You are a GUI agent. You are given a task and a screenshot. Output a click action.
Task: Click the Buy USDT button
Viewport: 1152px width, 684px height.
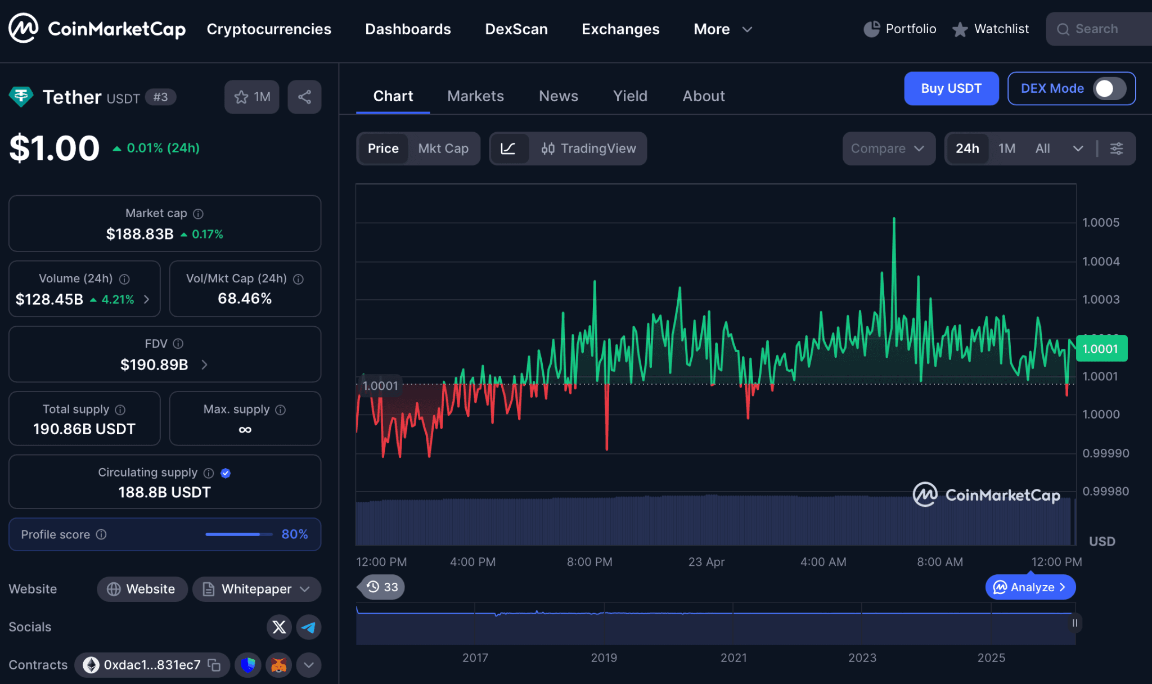coord(951,88)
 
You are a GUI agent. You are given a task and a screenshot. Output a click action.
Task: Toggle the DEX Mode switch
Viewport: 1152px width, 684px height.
coord(1109,88)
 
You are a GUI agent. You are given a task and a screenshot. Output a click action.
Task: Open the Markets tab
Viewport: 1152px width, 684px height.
coord(475,96)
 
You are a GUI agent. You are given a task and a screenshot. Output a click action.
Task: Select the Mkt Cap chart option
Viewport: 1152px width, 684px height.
coord(443,148)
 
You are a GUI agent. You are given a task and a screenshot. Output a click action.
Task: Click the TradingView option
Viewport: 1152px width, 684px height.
coord(588,148)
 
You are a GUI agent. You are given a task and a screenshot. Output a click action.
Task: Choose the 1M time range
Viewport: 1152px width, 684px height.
coord(1006,148)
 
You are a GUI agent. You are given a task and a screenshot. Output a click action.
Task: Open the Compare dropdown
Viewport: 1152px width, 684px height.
coord(888,148)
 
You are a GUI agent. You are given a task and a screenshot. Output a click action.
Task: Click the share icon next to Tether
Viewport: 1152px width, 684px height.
coord(304,97)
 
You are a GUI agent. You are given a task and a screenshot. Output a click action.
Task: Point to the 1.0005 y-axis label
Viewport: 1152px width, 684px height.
coord(1100,223)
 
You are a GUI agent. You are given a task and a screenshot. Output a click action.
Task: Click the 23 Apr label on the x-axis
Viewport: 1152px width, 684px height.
coord(706,561)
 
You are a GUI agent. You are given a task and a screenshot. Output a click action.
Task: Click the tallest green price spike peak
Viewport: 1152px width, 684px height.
coord(894,219)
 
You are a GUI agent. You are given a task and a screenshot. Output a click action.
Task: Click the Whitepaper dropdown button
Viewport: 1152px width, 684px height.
coord(256,589)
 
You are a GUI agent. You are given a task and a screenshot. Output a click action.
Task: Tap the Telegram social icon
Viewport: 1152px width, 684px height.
coord(309,627)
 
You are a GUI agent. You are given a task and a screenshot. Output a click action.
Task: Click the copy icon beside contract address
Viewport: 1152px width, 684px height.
coord(214,665)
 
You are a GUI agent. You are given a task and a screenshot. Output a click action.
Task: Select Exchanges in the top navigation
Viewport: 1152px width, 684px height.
coord(620,29)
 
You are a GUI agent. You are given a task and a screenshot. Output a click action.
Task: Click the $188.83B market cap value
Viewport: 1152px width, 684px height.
coord(139,234)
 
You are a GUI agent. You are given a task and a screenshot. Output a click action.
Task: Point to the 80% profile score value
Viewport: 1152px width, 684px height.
coord(294,534)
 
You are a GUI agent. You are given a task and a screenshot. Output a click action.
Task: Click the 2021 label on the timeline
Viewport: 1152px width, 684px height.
coord(733,658)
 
